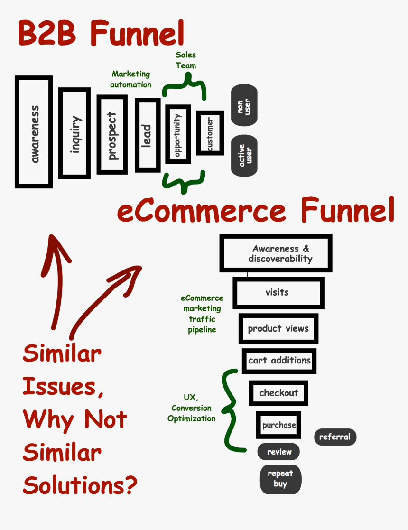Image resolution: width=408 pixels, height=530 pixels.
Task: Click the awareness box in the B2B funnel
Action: point(34,132)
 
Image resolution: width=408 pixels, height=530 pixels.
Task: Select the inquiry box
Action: point(74,133)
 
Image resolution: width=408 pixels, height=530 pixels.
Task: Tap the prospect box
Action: point(112,135)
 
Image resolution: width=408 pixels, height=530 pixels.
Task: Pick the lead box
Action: point(148,135)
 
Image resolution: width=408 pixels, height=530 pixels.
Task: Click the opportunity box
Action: point(178,134)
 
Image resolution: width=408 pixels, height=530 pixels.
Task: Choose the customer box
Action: point(210,133)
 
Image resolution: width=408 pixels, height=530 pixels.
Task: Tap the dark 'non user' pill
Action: point(244,105)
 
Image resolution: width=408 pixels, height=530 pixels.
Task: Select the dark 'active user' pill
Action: point(244,156)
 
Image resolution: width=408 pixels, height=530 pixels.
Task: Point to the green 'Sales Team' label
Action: point(185,60)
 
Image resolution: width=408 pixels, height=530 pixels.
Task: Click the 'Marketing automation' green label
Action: point(131,79)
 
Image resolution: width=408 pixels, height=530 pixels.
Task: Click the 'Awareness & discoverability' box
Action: point(276,253)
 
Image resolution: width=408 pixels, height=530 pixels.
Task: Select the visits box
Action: point(278,292)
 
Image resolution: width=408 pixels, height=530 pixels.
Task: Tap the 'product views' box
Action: point(278,328)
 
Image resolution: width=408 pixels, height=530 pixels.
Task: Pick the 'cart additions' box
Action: point(279,361)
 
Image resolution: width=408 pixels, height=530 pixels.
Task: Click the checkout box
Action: point(278,393)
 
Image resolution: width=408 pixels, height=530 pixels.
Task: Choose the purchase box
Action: point(279,425)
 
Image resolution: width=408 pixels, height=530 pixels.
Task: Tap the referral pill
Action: point(335,437)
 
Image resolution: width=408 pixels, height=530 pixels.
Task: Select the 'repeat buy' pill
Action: point(280,479)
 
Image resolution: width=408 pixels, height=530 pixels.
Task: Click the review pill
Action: point(278,452)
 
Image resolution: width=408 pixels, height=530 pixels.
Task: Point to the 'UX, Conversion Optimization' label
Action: point(191,408)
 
